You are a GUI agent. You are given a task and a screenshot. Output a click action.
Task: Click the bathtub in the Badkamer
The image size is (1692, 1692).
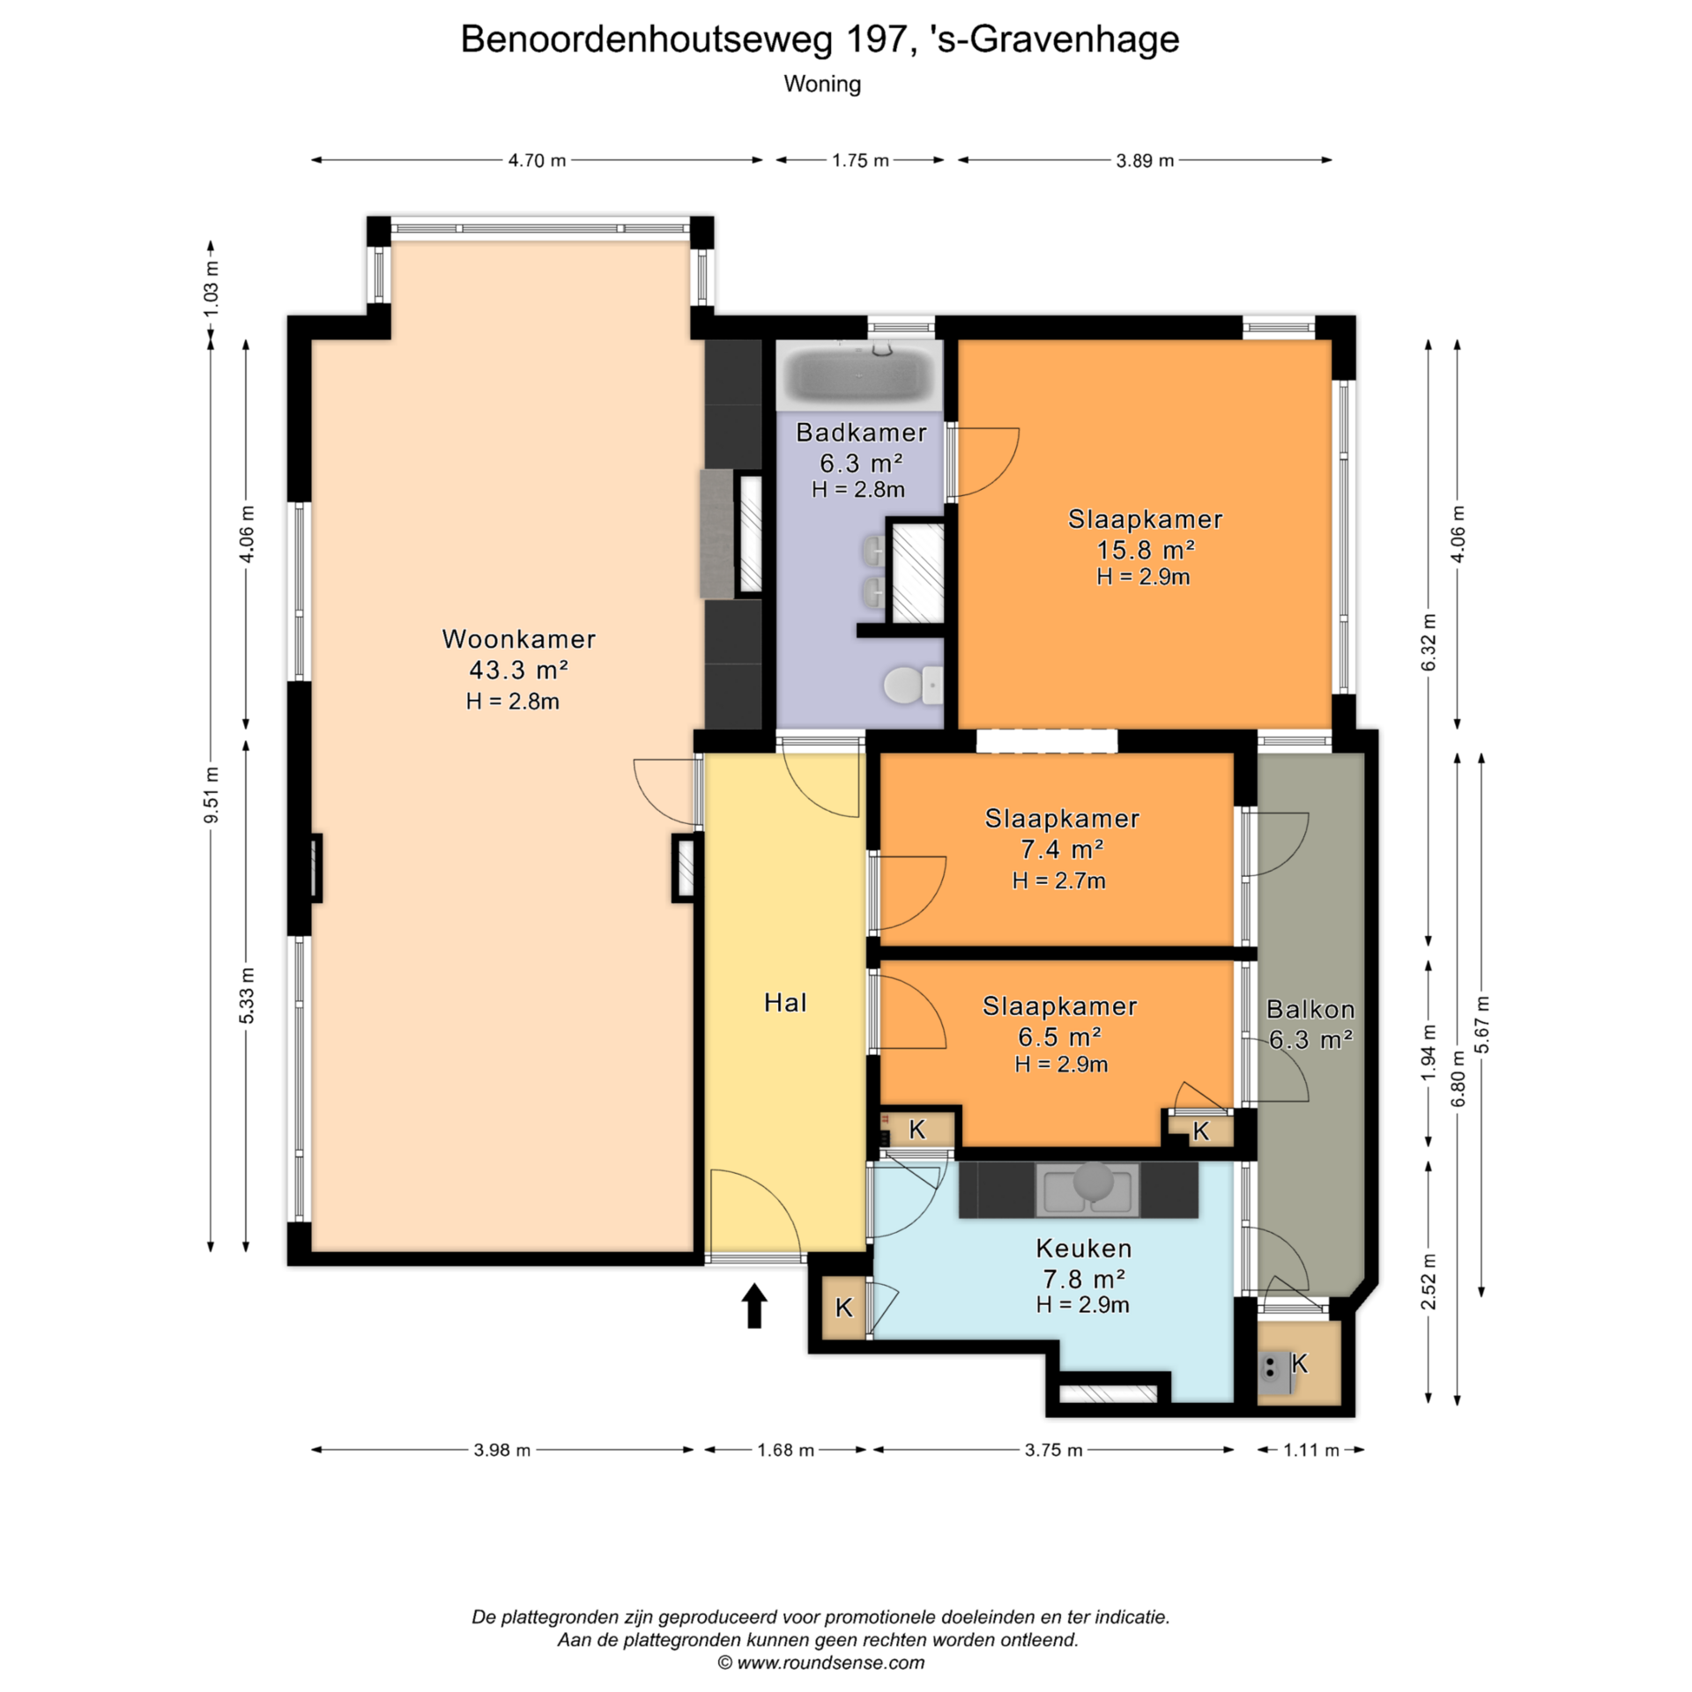(859, 375)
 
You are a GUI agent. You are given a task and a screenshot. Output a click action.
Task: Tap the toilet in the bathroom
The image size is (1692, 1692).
(913, 685)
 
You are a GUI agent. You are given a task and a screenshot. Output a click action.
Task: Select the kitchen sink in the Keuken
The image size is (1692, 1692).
(1087, 1189)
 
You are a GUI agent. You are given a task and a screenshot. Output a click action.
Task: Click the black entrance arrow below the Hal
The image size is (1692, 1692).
(754, 1305)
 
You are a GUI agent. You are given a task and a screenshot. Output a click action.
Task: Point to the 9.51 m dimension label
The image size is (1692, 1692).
(211, 796)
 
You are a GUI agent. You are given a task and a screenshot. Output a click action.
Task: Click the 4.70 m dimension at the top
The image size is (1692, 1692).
(537, 160)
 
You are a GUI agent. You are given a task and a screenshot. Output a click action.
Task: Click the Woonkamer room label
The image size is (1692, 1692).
(519, 639)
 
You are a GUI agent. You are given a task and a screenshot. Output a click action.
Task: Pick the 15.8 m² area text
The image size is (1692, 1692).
(1146, 550)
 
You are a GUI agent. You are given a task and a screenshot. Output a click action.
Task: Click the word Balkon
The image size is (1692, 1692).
(1310, 1009)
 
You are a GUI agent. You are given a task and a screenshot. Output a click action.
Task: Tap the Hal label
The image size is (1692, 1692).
(785, 1003)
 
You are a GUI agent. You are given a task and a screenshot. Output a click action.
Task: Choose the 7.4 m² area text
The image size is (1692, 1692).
(1062, 850)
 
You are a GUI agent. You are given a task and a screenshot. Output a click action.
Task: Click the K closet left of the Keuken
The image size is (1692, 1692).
(843, 1308)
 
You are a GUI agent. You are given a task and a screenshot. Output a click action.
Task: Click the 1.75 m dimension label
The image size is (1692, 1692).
(860, 160)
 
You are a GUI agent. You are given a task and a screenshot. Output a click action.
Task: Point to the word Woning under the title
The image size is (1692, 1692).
(822, 85)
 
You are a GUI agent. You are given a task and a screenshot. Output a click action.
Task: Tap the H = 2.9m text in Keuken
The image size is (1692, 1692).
(1082, 1305)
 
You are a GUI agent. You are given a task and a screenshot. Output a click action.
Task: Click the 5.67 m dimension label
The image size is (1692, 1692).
(1482, 1025)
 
